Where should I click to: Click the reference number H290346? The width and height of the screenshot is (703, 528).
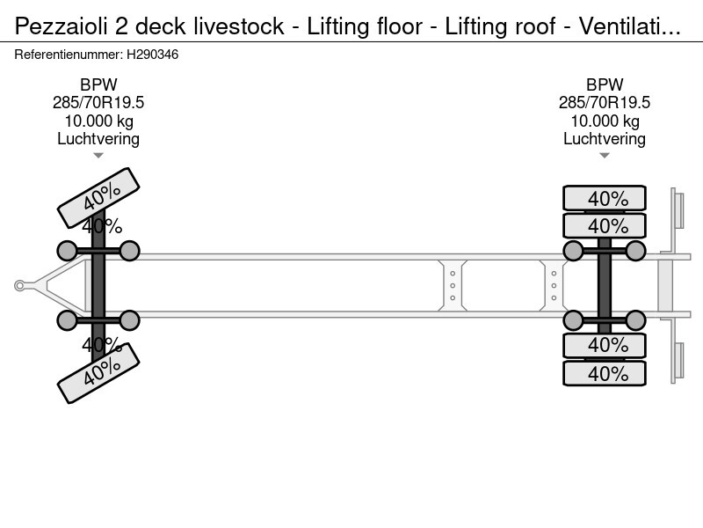point(155,55)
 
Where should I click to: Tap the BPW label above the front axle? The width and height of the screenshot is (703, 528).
point(98,84)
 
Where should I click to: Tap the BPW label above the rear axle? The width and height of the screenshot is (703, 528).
point(605,84)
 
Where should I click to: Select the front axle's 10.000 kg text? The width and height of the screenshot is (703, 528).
point(98,121)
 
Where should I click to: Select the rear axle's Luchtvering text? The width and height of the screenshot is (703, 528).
point(605,139)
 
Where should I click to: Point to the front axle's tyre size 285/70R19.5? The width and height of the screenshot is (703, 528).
point(98,103)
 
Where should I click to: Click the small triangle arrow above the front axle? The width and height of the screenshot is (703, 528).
point(98,156)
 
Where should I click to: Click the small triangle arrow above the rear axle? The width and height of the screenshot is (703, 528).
point(605,156)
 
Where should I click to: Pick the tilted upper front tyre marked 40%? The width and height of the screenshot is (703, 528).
point(98,198)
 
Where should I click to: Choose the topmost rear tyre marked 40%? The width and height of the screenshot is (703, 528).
point(605,198)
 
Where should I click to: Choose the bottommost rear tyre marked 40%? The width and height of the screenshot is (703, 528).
point(605,373)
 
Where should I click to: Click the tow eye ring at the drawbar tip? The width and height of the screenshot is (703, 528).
point(20,285)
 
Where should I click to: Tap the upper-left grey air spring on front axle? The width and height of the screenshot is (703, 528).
point(68,251)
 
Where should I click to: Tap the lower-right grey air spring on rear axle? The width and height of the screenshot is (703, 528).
point(635,319)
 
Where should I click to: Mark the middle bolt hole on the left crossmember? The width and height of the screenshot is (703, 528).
point(453,285)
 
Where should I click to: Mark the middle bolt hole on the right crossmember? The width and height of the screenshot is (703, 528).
point(554,285)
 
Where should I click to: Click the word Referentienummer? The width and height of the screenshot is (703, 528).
point(69,55)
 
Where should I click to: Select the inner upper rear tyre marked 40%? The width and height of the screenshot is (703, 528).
point(605,225)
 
